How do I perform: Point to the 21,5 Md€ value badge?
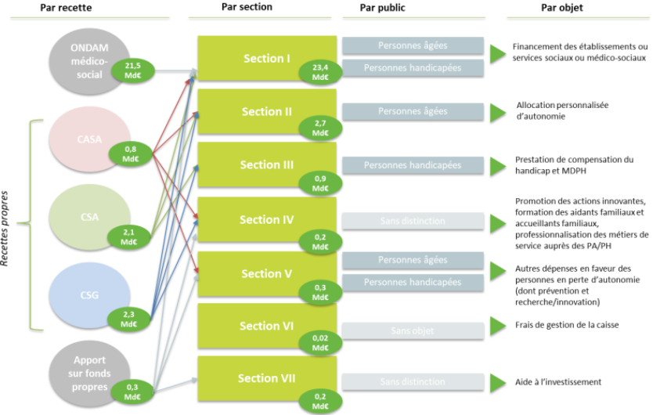132,70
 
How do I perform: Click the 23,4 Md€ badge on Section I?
320,72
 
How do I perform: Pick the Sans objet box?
411,331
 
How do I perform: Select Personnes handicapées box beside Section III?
411,165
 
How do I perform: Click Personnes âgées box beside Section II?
411,111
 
